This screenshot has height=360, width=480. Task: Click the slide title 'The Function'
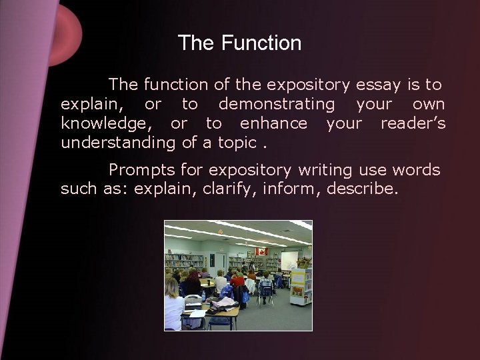point(239,44)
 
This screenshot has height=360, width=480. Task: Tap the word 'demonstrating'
point(277,104)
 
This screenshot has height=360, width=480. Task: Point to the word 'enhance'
point(273,123)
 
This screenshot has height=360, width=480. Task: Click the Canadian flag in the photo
point(262,251)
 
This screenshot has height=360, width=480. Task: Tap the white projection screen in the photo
point(289,259)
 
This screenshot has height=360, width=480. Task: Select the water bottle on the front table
point(203,295)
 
